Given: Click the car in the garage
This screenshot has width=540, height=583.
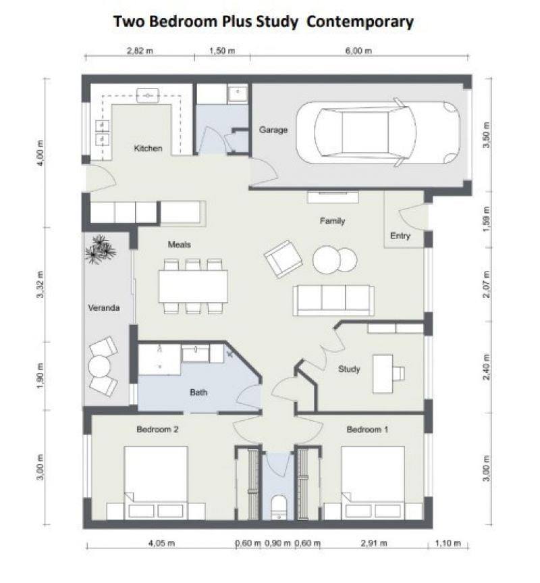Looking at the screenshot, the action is pyautogui.click(x=378, y=132).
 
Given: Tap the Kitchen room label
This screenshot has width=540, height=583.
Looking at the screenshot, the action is pyautogui.click(x=148, y=149).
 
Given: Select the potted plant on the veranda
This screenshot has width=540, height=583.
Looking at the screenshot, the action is pyautogui.click(x=101, y=249).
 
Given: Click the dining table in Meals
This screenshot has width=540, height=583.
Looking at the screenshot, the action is pyautogui.click(x=193, y=286).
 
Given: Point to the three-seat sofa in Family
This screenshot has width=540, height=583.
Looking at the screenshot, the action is pyautogui.click(x=333, y=301).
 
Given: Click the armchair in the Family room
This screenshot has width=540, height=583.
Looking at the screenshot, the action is pyautogui.click(x=283, y=259).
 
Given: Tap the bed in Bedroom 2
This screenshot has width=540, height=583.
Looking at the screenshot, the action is pyautogui.click(x=156, y=482).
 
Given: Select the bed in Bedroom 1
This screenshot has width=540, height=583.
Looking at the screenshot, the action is pyautogui.click(x=373, y=482).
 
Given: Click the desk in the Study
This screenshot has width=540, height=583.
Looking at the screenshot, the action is pyautogui.click(x=383, y=374).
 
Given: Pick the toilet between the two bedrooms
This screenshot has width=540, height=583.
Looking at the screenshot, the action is pyautogui.click(x=279, y=507).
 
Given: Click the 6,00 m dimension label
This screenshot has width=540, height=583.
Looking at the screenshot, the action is pyautogui.click(x=358, y=51).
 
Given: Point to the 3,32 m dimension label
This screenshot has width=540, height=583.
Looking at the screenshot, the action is pyautogui.click(x=40, y=285).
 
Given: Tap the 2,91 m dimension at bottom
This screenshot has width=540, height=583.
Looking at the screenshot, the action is pyautogui.click(x=374, y=543).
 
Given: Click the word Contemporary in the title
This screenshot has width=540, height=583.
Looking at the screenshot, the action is pyautogui.click(x=360, y=22).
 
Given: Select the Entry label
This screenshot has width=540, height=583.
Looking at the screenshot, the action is pyautogui.click(x=400, y=236).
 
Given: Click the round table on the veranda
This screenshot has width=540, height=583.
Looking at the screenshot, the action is pyautogui.click(x=99, y=367).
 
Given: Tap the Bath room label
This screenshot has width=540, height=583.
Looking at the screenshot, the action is pyautogui.click(x=198, y=392).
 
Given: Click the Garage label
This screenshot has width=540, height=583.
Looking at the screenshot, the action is pyautogui.click(x=273, y=130).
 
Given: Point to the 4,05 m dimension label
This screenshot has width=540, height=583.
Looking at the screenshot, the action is pyautogui.click(x=161, y=543).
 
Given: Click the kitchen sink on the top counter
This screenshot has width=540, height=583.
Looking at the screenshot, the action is pyautogui.click(x=147, y=95).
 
